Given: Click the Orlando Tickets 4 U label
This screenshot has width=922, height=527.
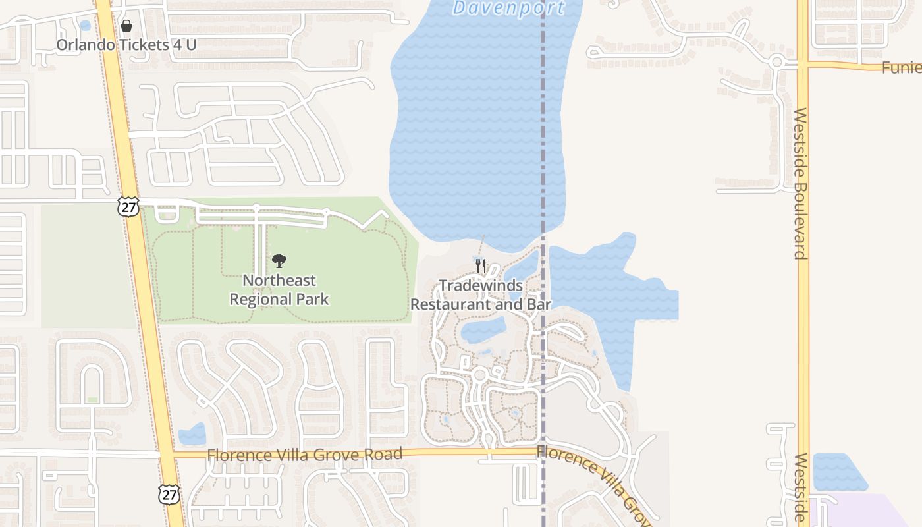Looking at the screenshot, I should coord(126,45).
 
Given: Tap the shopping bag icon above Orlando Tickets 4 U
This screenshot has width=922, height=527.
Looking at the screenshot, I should coord(126,26).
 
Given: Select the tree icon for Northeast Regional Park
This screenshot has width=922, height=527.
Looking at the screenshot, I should coord(279,261).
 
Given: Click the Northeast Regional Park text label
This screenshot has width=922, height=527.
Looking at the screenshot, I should coord(279,290).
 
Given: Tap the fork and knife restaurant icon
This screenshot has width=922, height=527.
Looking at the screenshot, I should coord(481,266).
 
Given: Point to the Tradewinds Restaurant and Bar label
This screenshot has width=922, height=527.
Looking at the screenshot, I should coord(481,295).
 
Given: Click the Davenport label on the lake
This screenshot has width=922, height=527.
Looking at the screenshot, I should coord(508,8).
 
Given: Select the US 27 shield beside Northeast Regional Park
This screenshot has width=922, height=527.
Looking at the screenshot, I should coord(129,207).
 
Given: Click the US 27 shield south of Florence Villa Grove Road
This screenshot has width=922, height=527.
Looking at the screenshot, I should coord(169,495).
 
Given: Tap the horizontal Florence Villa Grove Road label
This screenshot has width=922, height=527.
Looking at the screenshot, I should coord(304,455).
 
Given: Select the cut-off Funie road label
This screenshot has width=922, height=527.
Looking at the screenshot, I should coord(902,67).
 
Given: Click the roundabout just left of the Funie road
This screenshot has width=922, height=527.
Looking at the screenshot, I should coord(776,63).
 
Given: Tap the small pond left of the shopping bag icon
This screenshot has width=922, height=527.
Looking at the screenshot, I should coord(85,26).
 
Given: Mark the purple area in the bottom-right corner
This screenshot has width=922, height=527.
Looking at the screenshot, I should coord(856,513).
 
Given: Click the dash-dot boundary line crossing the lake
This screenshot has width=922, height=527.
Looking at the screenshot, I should coord(543,132).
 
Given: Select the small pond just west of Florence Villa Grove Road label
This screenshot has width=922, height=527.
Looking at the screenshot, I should coord(192,434).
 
